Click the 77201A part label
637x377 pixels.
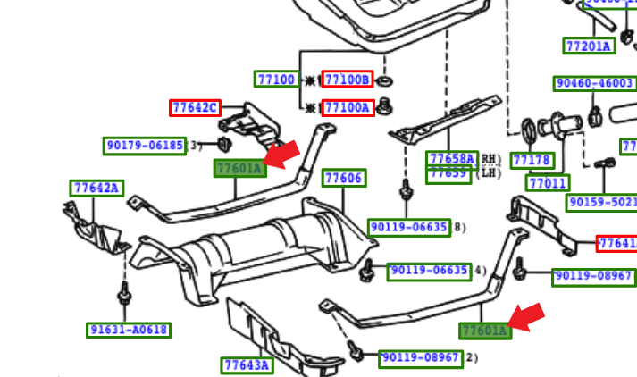589,46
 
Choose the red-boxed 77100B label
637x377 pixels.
347,80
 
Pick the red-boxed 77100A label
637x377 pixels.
347,108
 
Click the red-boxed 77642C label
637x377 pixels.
194,108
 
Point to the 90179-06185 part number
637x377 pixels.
145,145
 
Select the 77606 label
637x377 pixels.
343,178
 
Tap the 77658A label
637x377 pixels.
452,159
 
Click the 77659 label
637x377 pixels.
449,173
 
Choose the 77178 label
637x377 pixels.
532,161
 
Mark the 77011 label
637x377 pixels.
548,183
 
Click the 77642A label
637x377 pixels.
96,188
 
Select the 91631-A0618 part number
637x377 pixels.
129,330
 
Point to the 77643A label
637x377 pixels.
247,364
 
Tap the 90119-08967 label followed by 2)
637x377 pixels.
420,358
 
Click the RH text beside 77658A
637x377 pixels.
488,159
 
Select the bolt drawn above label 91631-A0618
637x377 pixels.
123,294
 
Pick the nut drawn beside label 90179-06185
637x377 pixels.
224,144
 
